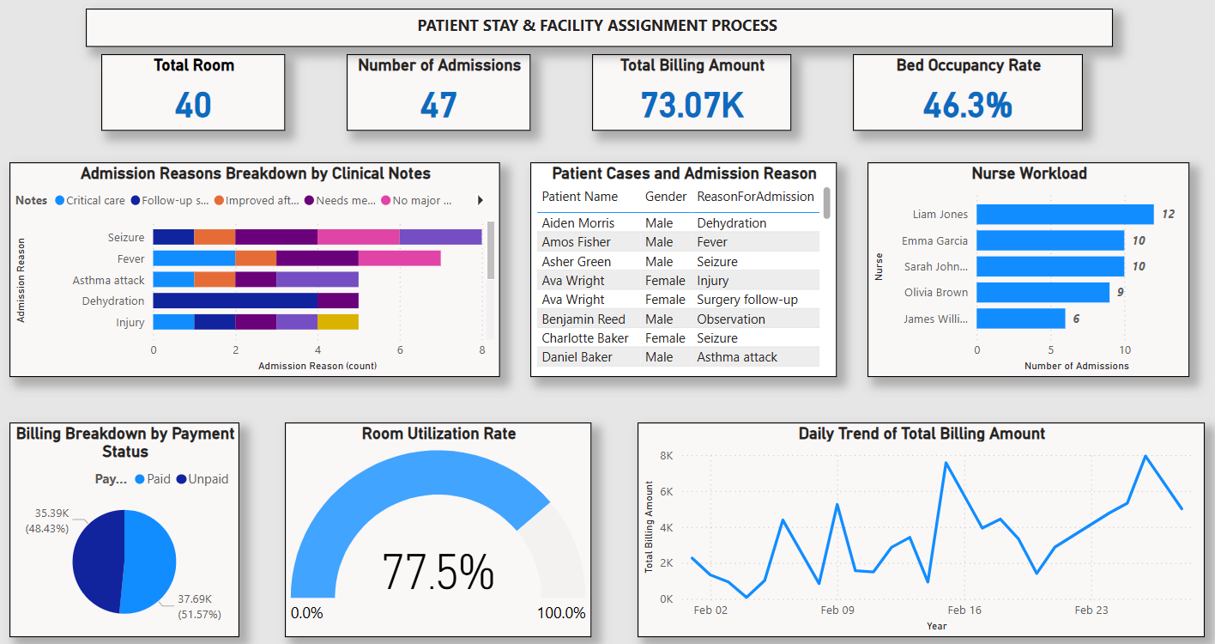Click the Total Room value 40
(x=193, y=105)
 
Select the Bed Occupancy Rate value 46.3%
(x=967, y=105)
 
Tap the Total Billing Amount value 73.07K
(x=692, y=105)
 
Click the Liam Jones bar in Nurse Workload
(x=1064, y=214)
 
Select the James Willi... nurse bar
(x=1020, y=319)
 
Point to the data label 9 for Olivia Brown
(x=1121, y=293)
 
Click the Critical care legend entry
(x=89, y=200)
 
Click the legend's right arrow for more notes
(x=480, y=200)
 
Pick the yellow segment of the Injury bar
(x=338, y=322)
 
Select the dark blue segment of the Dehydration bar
(x=235, y=301)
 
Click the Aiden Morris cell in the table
(x=577, y=223)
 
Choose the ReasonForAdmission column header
(x=755, y=197)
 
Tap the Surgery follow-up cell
(x=747, y=300)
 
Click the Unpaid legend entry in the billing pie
(x=202, y=479)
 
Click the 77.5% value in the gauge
(x=438, y=571)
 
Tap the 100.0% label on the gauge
(x=562, y=613)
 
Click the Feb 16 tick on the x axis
(x=964, y=611)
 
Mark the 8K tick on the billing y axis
(x=665, y=456)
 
